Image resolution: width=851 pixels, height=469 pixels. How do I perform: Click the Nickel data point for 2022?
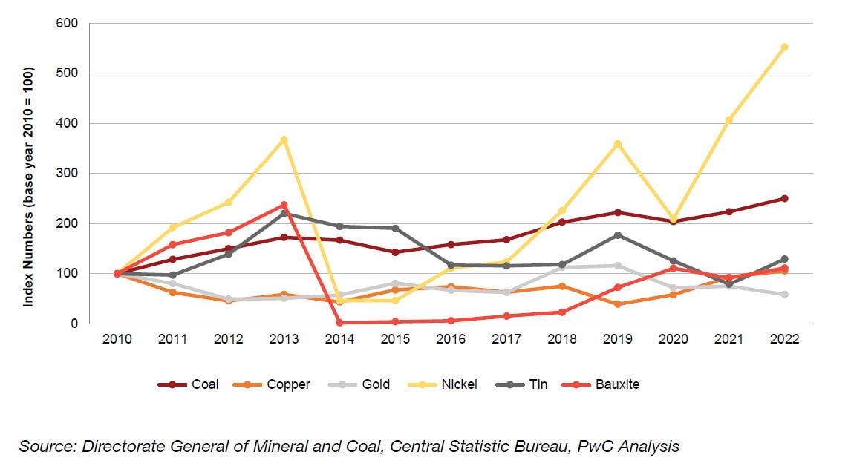pos(784,47)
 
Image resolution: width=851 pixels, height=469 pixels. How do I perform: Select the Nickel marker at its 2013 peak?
pos(284,140)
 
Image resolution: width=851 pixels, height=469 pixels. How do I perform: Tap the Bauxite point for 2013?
pos(284,205)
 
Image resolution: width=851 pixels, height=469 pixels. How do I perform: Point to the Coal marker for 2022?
pos(784,198)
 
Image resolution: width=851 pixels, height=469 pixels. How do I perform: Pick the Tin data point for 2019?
pos(618,235)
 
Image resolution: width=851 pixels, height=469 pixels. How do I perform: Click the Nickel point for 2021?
pos(728,119)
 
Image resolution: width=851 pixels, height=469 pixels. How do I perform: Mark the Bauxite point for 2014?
pos(339,323)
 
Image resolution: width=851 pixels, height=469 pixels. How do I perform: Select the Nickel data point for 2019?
pos(618,144)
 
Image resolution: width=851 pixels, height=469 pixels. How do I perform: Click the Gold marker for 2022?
pos(784,295)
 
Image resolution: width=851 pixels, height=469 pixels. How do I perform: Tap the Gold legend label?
pos(376,384)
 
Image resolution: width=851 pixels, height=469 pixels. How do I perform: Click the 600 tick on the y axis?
pos(68,23)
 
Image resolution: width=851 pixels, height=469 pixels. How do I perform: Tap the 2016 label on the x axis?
pos(451,339)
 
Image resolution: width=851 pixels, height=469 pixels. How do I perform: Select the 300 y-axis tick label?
pos(68,174)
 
